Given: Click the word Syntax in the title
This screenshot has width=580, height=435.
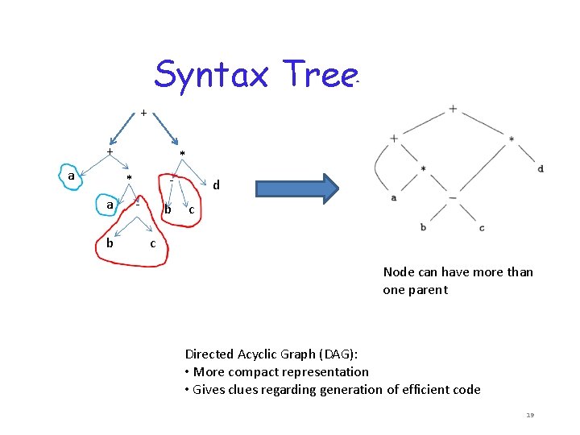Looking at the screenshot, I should point(213,75).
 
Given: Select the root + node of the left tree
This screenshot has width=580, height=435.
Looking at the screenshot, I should point(143,113).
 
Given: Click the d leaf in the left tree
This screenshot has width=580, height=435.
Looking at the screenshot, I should point(216,185).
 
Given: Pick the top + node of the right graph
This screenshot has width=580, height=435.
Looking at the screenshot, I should point(453,109).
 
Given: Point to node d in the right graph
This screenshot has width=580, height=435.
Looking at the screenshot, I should point(540,168).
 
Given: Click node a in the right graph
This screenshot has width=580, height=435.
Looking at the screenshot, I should point(393,197).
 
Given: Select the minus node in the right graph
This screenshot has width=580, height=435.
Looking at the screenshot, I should point(453,197).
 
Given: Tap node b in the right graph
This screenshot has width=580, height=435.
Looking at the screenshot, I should point(423,228).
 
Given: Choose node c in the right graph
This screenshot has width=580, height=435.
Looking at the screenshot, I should point(482,228).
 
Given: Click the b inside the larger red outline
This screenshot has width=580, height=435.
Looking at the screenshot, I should point(110,242).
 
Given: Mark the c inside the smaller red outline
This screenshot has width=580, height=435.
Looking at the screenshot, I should point(191,211).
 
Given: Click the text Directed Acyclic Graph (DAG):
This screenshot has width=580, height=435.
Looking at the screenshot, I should point(271,354).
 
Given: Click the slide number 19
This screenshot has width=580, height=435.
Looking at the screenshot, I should point(530,415).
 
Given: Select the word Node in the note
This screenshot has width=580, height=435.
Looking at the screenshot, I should point(397,272).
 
